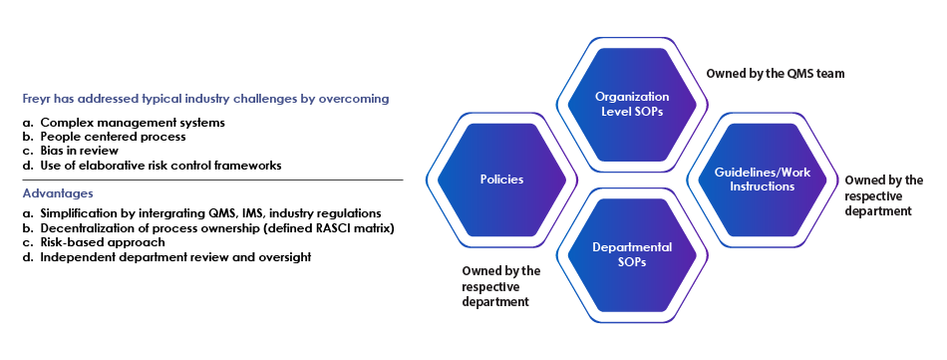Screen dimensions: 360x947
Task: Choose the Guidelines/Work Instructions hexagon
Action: click(762, 180)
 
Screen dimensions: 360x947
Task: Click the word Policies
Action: click(501, 180)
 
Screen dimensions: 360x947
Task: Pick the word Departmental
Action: click(632, 247)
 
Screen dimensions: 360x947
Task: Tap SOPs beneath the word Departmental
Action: click(632, 261)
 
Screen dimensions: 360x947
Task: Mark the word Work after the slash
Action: click(795, 173)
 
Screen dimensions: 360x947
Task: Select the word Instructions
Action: click(762, 186)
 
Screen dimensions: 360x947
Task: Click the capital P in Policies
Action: click(482, 180)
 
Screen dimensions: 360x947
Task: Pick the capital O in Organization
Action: click(599, 97)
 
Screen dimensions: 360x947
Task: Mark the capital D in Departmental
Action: click(596, 247)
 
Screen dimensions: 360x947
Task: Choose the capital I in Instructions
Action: click(731, 186)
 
